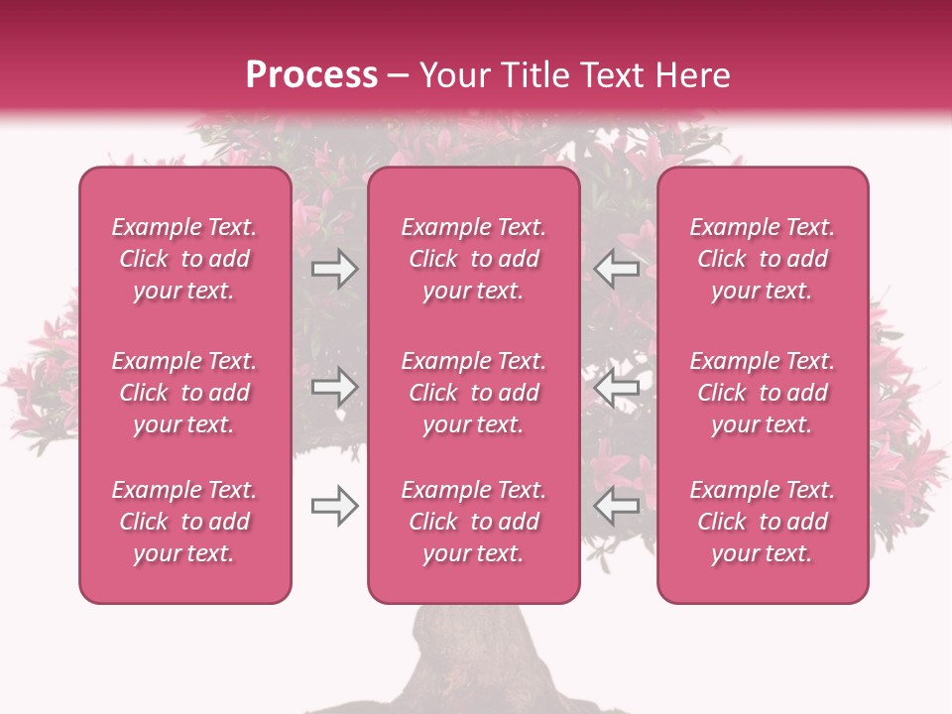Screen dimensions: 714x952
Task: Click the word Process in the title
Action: (311, 75)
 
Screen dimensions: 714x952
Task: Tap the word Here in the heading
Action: (693, 75)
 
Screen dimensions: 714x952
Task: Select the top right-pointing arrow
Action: (334, 269)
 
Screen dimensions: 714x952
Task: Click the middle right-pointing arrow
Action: (334, 388)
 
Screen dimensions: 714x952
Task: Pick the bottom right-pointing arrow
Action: (334, 507)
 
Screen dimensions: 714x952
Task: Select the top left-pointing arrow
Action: (617, 269)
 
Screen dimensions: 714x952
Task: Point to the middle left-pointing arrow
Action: (617, 388)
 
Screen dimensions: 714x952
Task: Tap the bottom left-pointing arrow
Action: (617, 507)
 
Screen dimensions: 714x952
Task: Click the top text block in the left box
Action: (184, 259)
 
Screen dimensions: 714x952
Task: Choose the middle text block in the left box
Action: (184, 393)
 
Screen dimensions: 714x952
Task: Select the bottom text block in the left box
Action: (184, 522)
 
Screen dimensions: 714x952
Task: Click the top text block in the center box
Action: (474, 259)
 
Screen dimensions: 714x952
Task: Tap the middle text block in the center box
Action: (474, 393)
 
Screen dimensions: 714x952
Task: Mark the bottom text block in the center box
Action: (474, 522)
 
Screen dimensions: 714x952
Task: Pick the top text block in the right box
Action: (763, 259)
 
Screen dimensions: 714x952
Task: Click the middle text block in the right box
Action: (763, 393)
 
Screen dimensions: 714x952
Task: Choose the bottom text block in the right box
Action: (763, 522)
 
